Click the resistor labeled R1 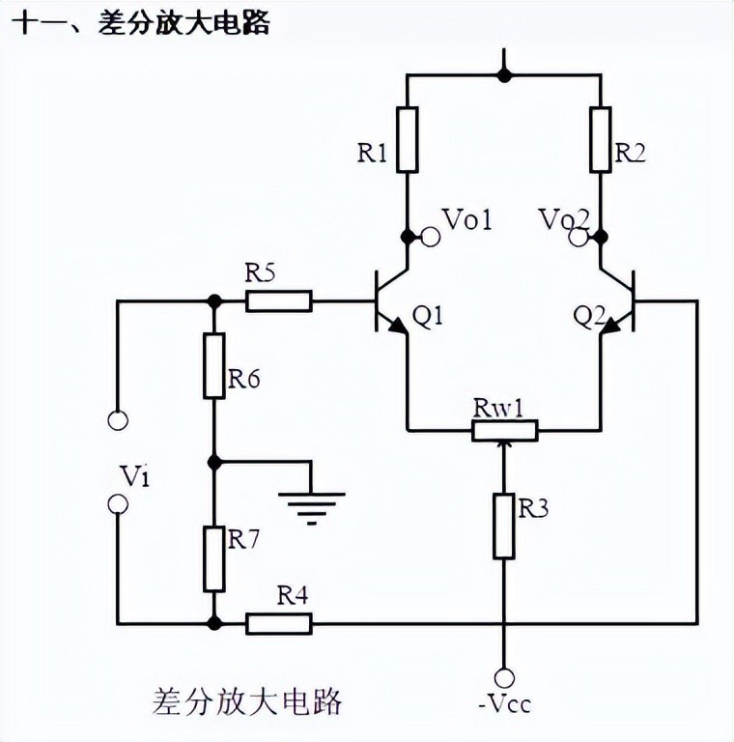click(407, 138)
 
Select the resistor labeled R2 click(601, 138)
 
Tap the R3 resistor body click(504, 526)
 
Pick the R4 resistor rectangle click(279, 623)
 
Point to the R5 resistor click(279, 300)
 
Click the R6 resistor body click(214, 365)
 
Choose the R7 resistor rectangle click(214, 558)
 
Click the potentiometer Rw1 click(504, 429)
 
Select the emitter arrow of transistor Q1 click(397, 328)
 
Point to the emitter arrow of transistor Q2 click(609, 328)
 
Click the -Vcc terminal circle click(504, 677)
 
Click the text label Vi click(135, 475)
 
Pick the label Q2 click(587, 315)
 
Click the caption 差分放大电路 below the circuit click(247, 699)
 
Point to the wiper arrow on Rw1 click(504, 447)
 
